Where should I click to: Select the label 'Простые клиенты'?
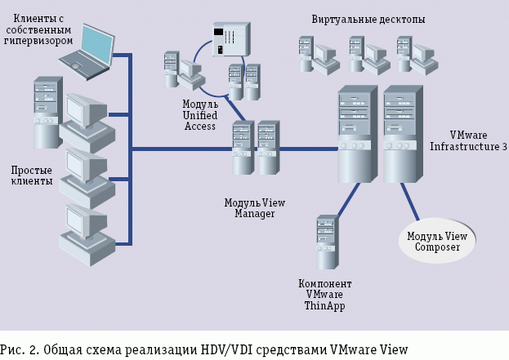click(x=32, y=175)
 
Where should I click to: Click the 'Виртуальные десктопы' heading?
click(x=368, y=19)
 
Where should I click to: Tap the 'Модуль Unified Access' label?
click(x=199, y=116)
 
